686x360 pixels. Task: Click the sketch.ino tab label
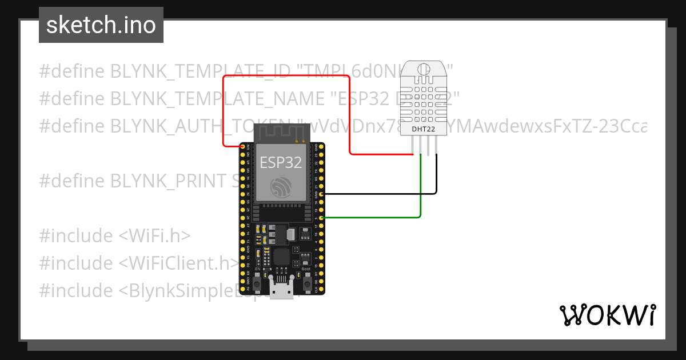pos(101,25)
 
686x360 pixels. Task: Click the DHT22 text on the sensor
pos(424,129)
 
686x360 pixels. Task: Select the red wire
pos(286,75)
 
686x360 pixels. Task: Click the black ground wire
pos(377,194)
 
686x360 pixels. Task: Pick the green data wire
pos(372,218)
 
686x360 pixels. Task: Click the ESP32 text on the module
pos(281,162)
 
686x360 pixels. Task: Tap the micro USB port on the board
pos(281,290)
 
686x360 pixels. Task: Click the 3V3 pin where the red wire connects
pos(243,147)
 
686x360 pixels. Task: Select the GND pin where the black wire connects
pos(322,194)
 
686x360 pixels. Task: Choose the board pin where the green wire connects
pos(322,218)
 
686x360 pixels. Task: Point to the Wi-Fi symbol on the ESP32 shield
pos(281,188)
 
